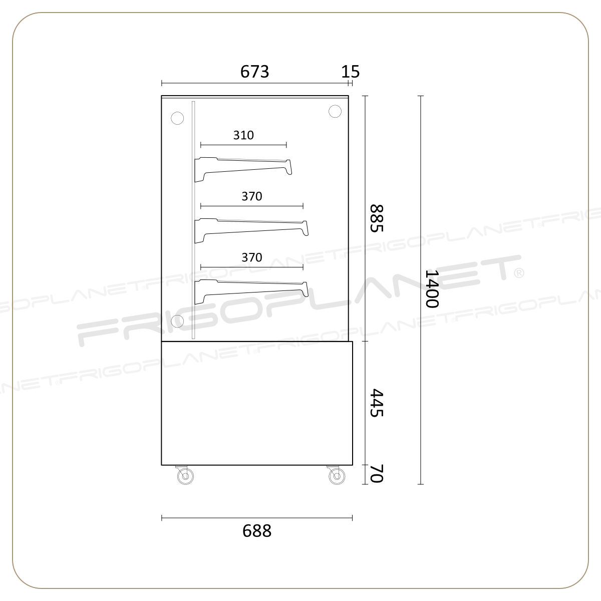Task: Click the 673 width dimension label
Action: [x=254, y=72]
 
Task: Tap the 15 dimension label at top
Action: [x=350, y=72]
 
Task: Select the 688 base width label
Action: [x=257, y=531]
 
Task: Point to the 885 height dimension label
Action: [x=376, y=218]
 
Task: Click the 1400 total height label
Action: [x=432, y=289]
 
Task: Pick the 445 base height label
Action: [x=376, y=403]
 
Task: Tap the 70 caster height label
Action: [x=376, y=473]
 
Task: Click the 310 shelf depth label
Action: [x=243, y=135]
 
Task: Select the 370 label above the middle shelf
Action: [x=252, y=196]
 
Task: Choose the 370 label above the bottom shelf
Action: [x=252, y=257]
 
